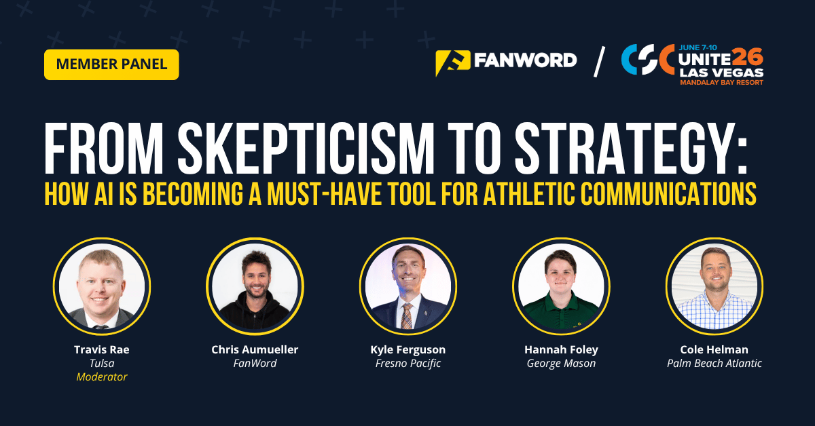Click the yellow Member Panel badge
click(111, 64)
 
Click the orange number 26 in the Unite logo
click(748, 58)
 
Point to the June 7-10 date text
click(698, 47)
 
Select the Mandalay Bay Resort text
click(722, 83)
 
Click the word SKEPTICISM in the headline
click(306, 149)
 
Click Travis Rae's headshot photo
click(102, 286)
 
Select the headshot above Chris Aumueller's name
click(255, 286)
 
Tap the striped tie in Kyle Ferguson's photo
click(407, 315)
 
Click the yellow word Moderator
click(102, 377)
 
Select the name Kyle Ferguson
click(408, 349)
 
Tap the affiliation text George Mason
click(562, 364)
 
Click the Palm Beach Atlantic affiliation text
click(714, 364)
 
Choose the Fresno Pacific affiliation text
click(408, 364)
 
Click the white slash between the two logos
click(599, 62)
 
